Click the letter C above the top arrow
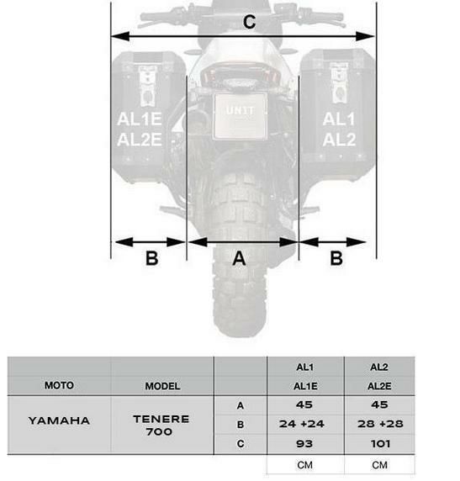[249, 22]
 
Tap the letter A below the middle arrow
[239, 258]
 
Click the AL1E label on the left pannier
[140, 119]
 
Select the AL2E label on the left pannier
[140, 140]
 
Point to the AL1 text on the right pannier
[339, 119]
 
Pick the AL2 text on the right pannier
[339, 140]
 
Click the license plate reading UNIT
[240, 116]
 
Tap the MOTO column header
[59, 385]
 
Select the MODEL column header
[162, 386]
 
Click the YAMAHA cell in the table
[59, 420]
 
